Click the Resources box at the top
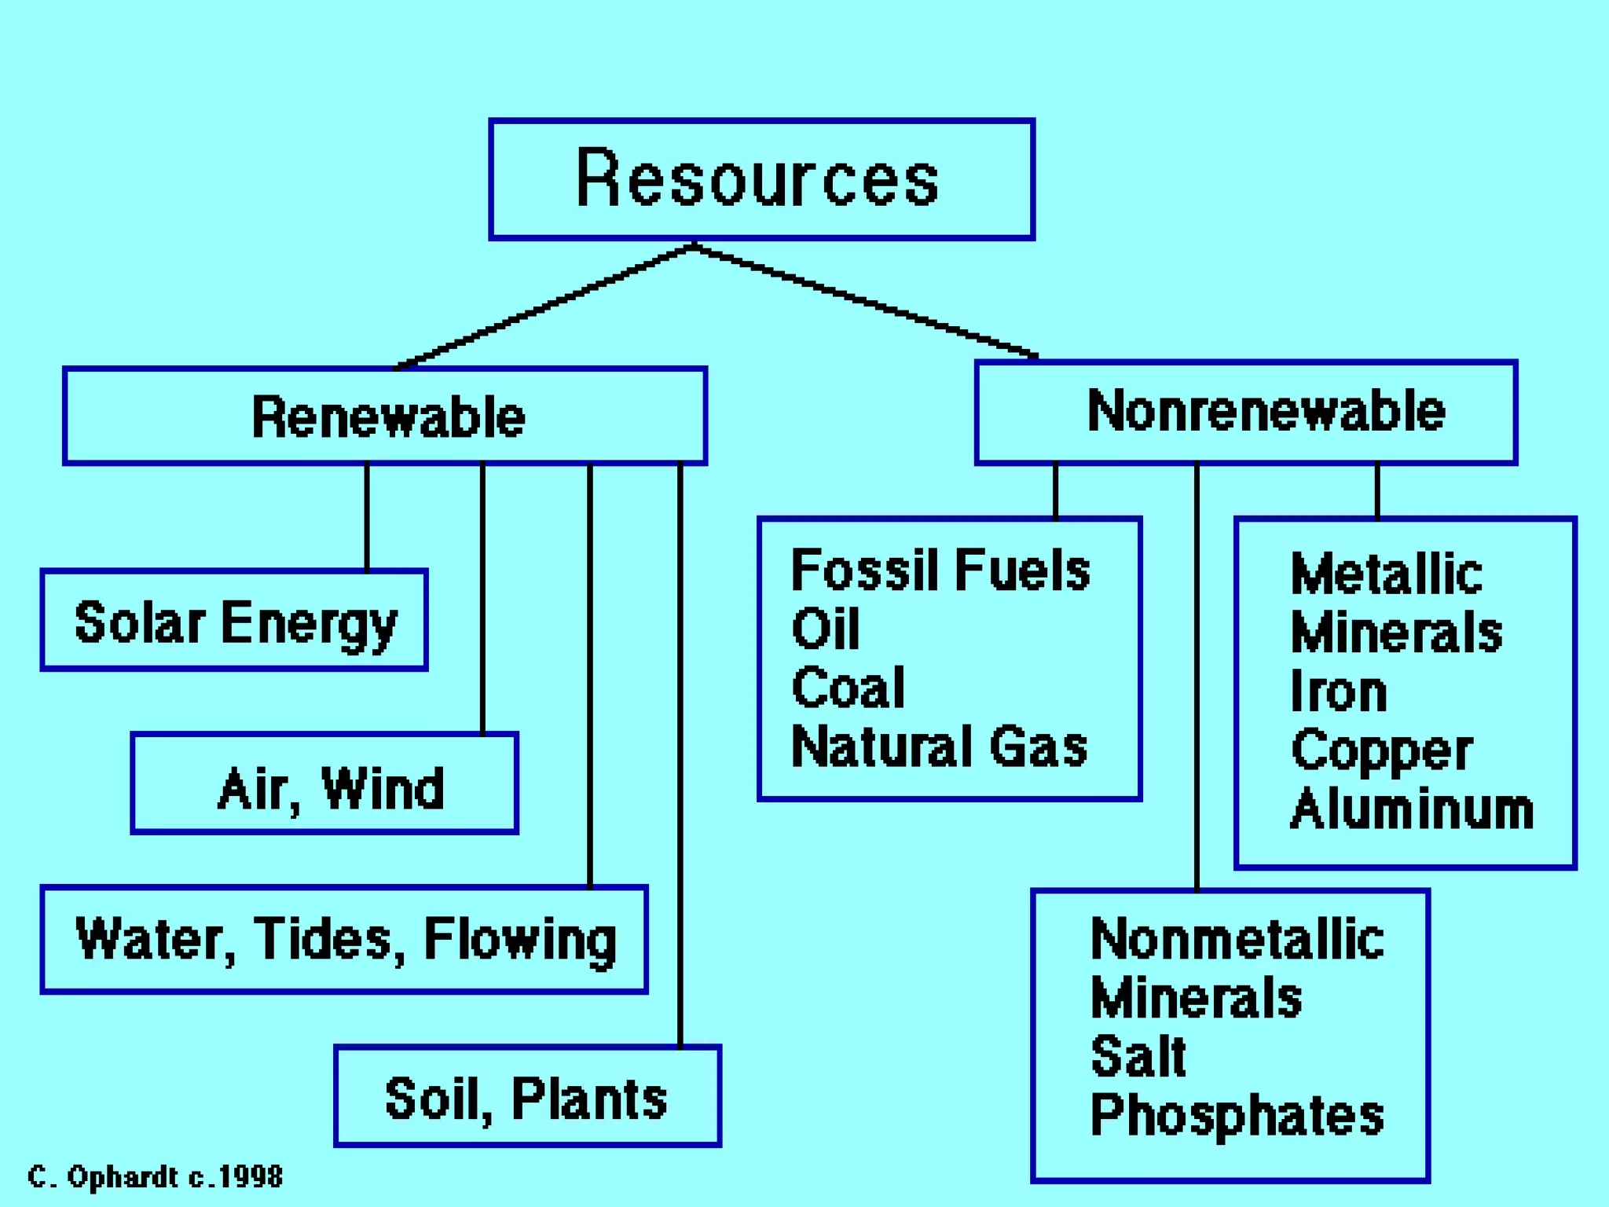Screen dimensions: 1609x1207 [761, 179]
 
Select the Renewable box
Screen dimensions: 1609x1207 [385, 416]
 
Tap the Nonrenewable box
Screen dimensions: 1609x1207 [1245, 412]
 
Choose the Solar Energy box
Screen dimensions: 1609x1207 [234, 621]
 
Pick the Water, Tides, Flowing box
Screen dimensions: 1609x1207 [344, 940]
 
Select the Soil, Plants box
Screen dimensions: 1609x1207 [527, 1096]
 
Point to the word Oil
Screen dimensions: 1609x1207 [825, 629]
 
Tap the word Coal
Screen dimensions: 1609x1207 [848, 688]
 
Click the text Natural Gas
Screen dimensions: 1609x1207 [939, 747]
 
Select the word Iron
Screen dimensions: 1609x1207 [1338, 692]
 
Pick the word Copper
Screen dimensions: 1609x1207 [1381, 751]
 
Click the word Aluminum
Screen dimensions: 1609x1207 [1411, 809]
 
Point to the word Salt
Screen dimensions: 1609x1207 [1138, 1056]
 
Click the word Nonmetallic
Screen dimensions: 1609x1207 [1237, 939]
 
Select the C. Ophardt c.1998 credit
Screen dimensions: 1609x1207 [155, 1176]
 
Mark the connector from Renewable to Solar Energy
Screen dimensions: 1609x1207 [367, 516]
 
